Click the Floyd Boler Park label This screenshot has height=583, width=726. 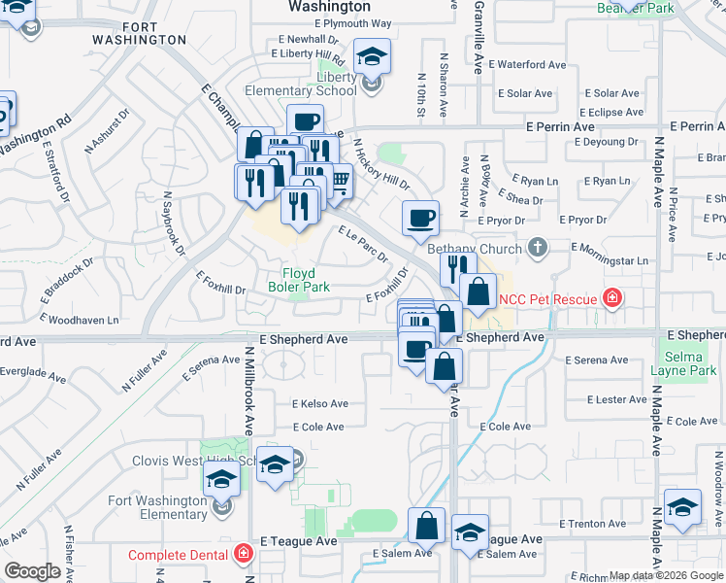pos(307,280)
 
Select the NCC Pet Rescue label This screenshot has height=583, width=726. pos(548,298)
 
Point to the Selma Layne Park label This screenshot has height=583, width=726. pos(691,363)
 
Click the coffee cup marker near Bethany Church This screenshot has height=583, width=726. pos(420,219)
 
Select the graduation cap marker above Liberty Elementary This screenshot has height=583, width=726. pos(372,56)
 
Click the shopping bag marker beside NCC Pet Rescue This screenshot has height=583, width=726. pos(478,291)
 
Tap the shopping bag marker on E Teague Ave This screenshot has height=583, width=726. pos(426,526)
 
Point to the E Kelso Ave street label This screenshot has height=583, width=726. pos(320,403)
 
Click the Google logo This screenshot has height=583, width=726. pos(33,571)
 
